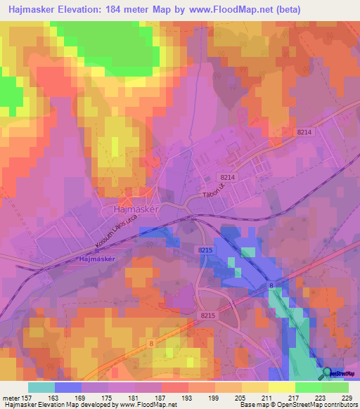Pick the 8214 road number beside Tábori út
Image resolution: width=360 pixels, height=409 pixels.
coord(228,178)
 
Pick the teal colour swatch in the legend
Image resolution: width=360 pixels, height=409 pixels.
coord(41,387)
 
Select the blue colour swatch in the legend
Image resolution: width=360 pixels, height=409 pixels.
coord(67,387)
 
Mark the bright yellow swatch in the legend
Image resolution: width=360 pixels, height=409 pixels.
coord(282,387)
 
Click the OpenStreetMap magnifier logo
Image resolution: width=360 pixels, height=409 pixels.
coord(327,373)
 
